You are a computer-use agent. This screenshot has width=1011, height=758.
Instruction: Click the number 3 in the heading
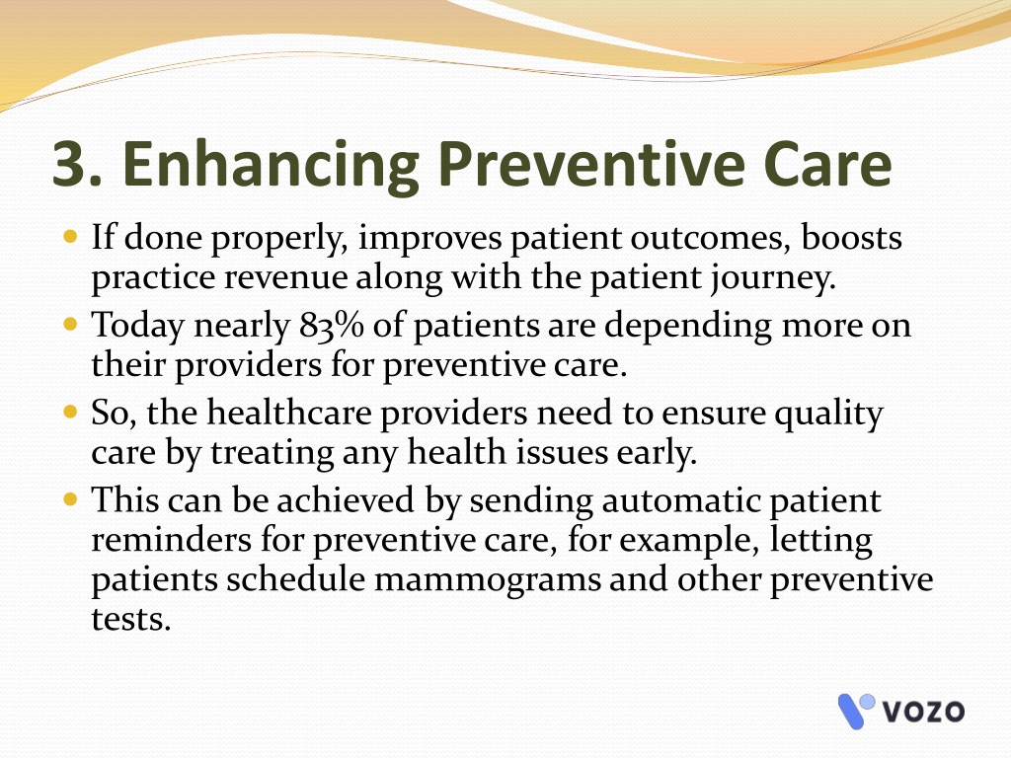71,164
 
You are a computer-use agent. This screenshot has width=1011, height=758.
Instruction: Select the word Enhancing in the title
271,166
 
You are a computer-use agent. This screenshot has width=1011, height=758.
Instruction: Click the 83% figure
332,324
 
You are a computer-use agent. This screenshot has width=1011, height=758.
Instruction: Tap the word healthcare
289,412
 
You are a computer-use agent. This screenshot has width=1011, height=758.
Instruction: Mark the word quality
828,415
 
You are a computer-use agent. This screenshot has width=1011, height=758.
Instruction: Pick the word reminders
171,539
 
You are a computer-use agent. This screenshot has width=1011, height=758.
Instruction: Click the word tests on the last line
131,619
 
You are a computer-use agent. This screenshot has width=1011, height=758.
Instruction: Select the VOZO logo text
923,712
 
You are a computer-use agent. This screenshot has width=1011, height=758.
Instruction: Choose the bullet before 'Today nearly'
70,324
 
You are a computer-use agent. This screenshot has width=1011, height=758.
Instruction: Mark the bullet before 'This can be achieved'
70,498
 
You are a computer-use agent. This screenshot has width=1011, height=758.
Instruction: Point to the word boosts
851,237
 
